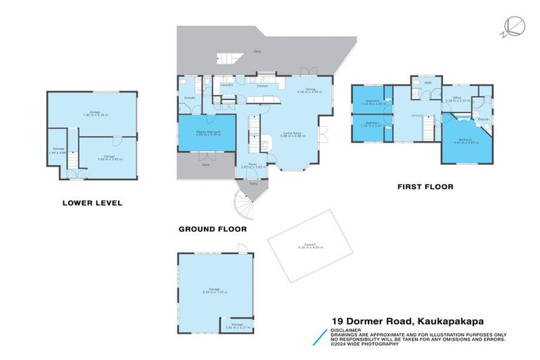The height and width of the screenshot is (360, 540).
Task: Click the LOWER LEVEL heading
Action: click(x=92, y=203)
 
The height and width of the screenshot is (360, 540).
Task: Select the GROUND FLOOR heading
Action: click(x=212, y=229)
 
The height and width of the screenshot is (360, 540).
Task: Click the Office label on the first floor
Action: click(x=456, y=98)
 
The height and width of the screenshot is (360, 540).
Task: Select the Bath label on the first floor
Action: click(x=427, y=82)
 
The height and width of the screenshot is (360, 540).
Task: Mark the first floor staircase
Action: click(x=425, y=129)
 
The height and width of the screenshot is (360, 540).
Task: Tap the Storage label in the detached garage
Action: click(x=236, y=325)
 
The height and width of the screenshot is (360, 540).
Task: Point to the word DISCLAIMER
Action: click(x=348, y=329)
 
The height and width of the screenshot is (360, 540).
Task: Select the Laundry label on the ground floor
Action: click(x=226, y=84)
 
